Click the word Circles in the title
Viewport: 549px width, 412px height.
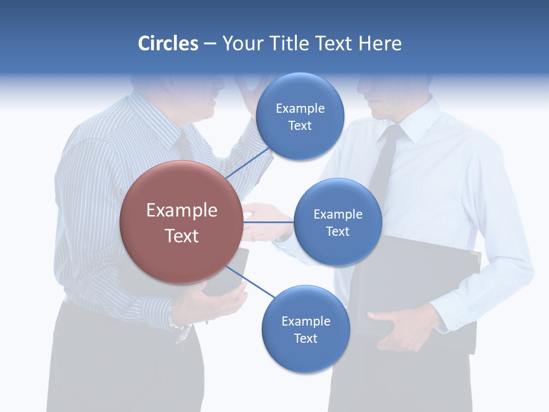coord(168,43)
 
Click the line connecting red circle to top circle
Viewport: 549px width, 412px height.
coord(247,163)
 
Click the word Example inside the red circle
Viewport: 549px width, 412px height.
coord(181,211)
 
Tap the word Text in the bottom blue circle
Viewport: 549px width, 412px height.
coord(305,338)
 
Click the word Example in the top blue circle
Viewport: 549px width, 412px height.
coord(300,108)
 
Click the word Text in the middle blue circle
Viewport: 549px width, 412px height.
coord(337,231)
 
